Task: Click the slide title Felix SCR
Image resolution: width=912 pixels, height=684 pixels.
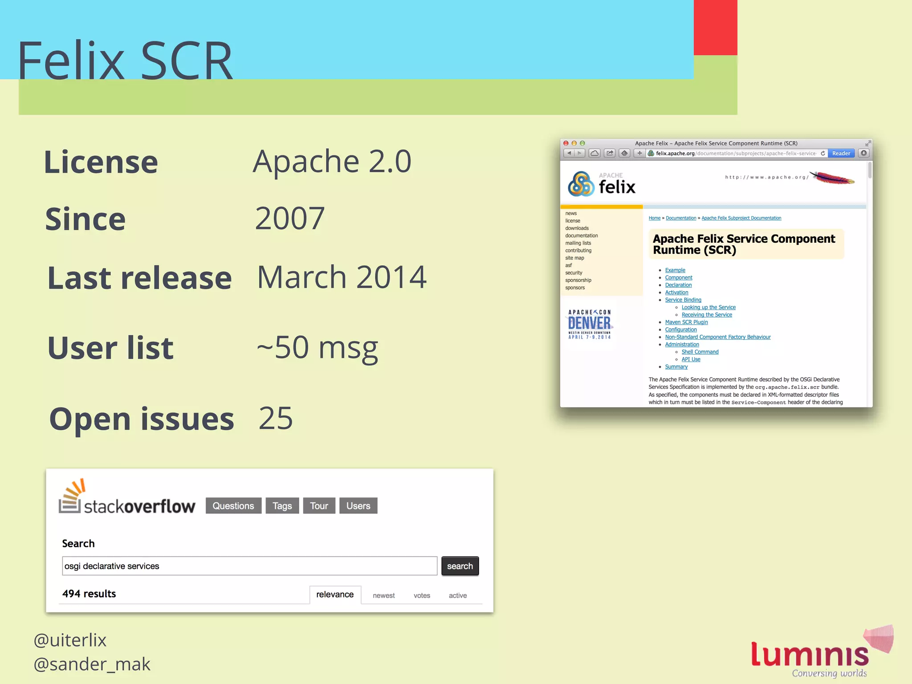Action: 125,60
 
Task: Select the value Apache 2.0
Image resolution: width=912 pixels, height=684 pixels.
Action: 332,161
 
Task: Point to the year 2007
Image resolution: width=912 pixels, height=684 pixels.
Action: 289,218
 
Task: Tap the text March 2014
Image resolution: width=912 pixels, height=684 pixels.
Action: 342,277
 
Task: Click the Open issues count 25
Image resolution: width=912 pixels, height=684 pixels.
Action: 276,418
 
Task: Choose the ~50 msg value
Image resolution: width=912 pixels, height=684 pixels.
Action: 317,348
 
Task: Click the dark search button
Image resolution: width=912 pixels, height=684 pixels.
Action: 460,566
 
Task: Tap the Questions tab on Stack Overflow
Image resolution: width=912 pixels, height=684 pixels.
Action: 233,506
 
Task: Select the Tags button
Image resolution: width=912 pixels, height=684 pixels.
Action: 282,506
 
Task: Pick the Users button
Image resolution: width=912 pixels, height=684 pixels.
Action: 358,506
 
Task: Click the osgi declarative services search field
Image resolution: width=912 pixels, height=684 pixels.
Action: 249,566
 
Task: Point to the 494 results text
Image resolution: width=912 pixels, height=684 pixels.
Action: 89,594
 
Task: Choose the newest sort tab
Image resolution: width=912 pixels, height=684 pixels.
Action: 383,595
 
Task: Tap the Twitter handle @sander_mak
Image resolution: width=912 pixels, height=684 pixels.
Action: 92,664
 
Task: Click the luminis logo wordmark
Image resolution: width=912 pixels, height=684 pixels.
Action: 810,654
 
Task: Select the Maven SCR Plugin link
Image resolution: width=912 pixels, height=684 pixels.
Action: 686,322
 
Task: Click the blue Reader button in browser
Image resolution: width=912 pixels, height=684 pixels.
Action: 841,153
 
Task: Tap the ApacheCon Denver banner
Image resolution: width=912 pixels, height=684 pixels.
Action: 589,324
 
